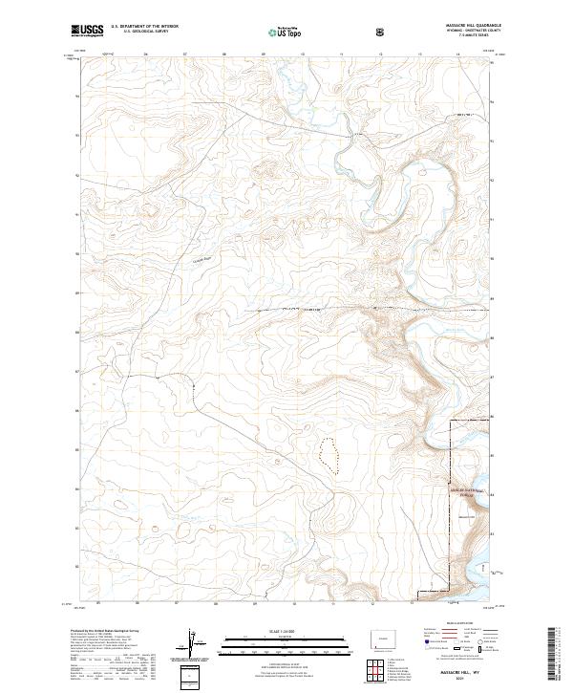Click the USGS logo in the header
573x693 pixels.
click(88, 31)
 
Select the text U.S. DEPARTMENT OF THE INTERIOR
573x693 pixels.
click(143, 27)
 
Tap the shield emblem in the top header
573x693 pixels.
click(382, 32)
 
